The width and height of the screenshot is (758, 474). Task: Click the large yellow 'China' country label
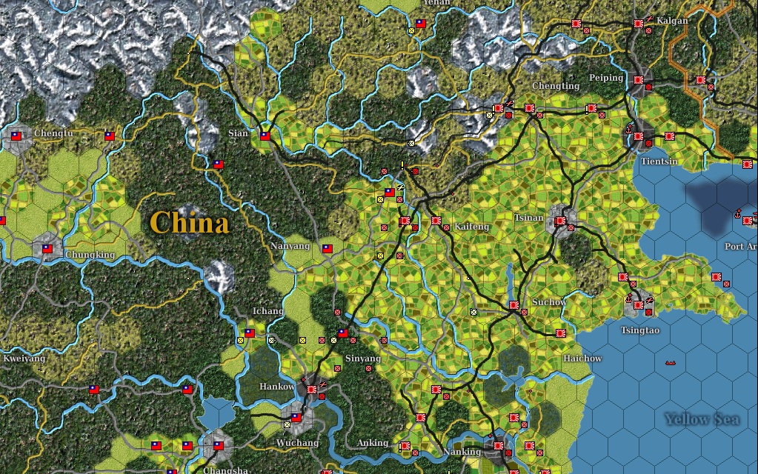(189, 222)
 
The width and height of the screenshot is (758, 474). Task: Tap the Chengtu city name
(55, 133)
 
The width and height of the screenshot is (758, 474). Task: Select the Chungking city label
(90, 255)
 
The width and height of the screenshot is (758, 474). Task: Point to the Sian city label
(239, 133)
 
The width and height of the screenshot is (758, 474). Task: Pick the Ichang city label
(268, 311)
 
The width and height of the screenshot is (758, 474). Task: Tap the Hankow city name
(277, 387)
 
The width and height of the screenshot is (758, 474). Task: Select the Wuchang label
(297, 443)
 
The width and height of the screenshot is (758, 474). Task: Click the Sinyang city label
(363, 358)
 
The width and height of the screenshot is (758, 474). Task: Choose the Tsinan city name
(529, 218)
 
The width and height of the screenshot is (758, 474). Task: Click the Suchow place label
(549, 302)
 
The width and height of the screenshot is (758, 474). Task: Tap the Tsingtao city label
(640, 330)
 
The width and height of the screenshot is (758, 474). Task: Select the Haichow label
(582, 358)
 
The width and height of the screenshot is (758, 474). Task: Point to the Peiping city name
(606, 78)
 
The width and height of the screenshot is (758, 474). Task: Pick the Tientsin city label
(659, 161)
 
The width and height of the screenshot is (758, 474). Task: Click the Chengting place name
(556, 86)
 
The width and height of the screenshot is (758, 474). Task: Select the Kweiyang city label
(24, 358)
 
